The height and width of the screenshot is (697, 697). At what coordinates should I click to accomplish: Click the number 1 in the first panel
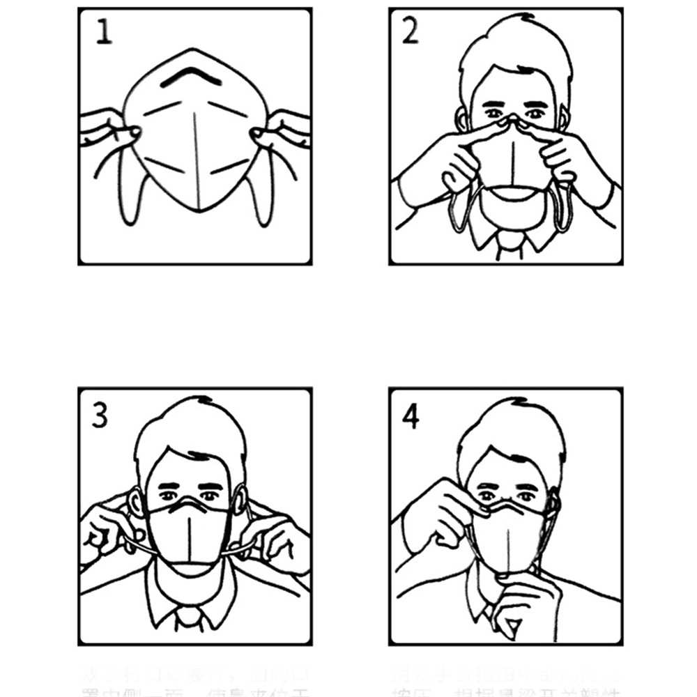(x=103, y=32)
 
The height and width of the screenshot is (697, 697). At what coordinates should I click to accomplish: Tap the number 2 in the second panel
(x=411, y=31)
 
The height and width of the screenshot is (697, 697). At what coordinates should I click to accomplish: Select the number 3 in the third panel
(x=100, y=415)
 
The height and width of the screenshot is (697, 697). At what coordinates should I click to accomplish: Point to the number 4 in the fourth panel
(x=411, y=415)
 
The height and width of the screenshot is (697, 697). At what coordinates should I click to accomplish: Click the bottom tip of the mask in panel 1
(x=198, y=208)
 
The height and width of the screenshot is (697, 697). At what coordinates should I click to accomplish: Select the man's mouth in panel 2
(x=512, y=190)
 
